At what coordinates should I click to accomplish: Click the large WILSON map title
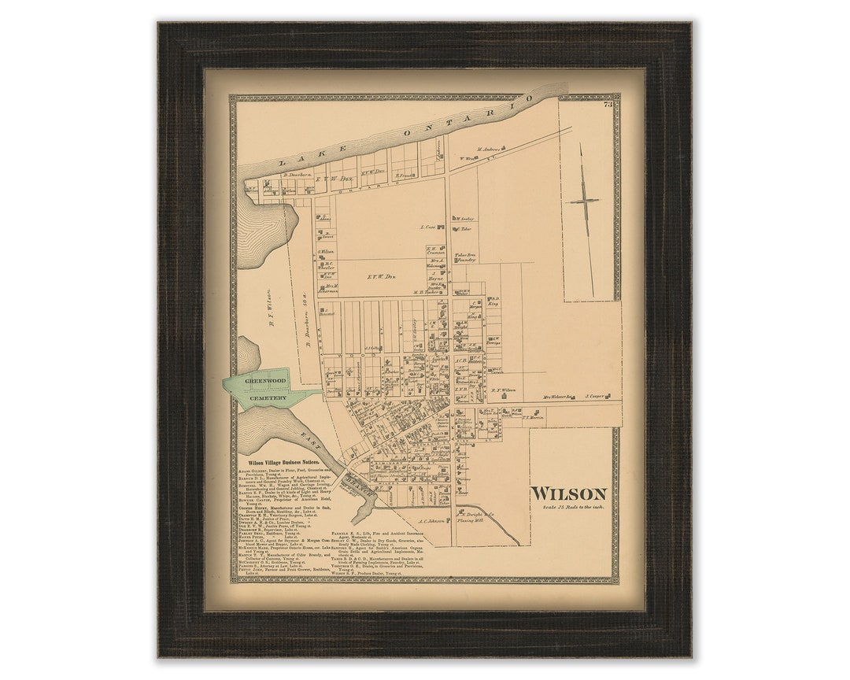568,493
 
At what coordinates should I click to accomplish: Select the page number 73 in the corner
608,104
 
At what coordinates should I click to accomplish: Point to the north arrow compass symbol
585,201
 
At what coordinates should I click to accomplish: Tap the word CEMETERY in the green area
268,399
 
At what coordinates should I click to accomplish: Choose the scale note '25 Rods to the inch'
572,507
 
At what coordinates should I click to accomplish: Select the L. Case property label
430,227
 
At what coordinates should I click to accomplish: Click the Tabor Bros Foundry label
466,257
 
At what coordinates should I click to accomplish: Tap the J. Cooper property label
595,397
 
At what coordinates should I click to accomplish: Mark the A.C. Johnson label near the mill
433,520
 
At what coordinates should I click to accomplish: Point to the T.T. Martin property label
533,418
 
